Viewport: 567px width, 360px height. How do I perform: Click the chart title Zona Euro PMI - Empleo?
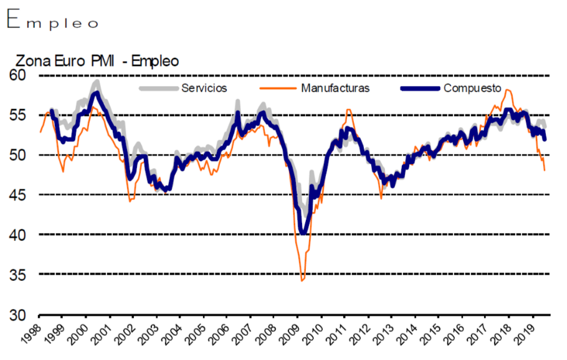97,61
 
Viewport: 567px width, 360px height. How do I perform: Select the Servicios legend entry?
204,88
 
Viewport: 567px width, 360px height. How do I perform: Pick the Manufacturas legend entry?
335,88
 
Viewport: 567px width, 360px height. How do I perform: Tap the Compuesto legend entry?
473,88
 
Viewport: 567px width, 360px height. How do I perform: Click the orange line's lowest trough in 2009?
302,280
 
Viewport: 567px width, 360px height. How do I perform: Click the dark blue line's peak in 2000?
96,93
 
